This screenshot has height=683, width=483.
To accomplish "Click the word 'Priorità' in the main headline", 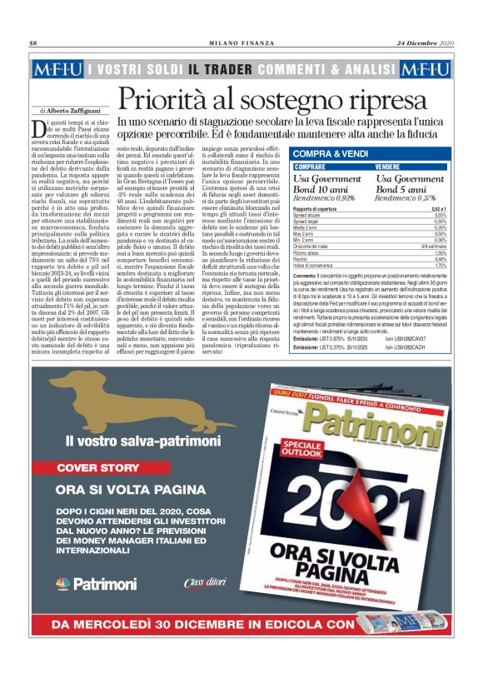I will click(163, 99).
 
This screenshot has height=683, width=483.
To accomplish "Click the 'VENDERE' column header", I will click(392, 167).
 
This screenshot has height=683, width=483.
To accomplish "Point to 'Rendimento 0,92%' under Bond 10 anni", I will click(326, 198).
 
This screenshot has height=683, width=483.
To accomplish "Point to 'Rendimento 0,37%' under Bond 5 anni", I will click(410, 198).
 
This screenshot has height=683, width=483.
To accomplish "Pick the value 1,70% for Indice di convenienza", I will click(441, 265).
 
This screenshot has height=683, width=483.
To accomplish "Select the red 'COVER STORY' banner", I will click(98, 468).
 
